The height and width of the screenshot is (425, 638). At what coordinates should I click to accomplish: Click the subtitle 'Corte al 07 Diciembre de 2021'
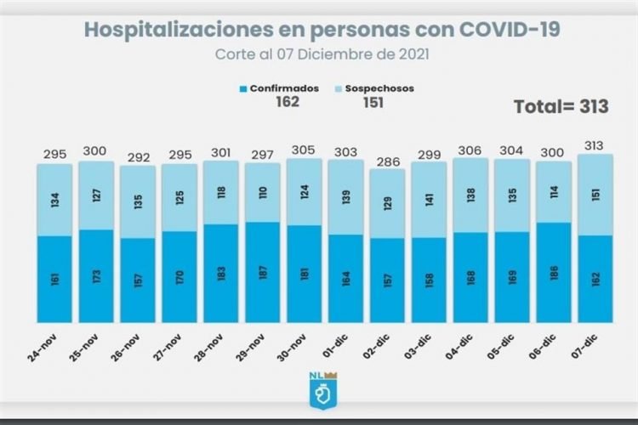(322, 53)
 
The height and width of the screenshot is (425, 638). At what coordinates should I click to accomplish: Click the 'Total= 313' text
(561, 106)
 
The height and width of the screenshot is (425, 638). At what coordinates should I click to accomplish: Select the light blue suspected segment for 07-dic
(595, 195)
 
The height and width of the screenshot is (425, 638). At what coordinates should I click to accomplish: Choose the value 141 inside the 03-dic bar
(429, 201)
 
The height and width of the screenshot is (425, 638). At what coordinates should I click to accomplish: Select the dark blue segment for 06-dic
(554, 272)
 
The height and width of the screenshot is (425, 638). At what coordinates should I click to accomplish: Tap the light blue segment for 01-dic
(346, 197)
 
